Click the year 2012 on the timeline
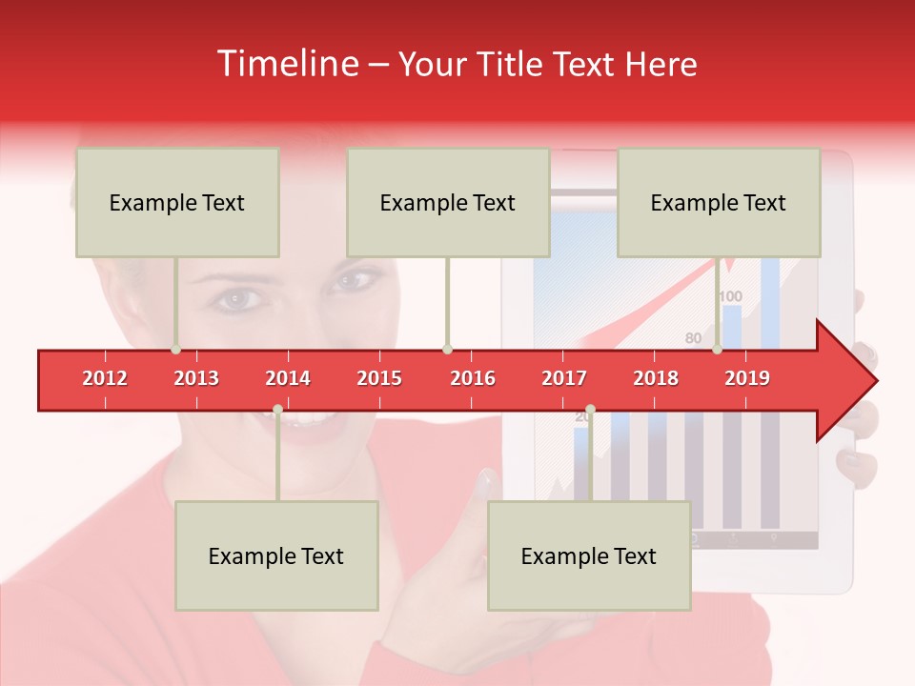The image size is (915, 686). point(105,378)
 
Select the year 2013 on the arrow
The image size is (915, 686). point(196,378)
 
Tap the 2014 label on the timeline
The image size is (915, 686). point(288,378)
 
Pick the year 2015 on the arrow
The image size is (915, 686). point(379,378)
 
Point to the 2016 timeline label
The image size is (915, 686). point(473,378)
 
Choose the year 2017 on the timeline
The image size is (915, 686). point(564,378)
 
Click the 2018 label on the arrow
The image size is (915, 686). point(656,378)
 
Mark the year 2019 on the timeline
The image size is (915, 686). point(747,378)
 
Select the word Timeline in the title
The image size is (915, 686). point(286,64)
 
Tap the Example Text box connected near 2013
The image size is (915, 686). point(177,203)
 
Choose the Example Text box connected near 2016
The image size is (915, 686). point(448,203)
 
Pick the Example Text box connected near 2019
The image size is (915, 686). point(719,203)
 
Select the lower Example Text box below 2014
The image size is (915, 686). point(276,555)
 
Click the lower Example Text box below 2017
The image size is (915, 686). point(589,555)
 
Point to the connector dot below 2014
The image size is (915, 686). point(277,410)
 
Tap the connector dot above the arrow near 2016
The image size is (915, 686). point(447,350)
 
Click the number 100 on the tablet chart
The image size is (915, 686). point(730,296)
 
